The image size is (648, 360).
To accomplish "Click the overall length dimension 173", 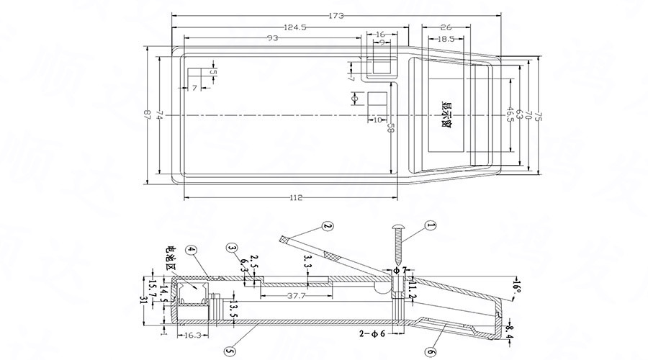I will point(336,15).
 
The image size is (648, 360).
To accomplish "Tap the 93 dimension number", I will point(273,37).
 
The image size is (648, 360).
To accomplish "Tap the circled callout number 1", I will point(431,225).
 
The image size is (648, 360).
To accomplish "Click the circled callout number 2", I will point(328,226).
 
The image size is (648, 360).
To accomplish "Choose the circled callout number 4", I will point(190,251).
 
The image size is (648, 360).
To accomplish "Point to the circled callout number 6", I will point(430,352).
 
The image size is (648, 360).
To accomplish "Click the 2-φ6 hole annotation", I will point(374,334).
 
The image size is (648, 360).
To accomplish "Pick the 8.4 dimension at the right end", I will point(512,330).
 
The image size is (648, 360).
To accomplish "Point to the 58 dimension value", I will point(390,128).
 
